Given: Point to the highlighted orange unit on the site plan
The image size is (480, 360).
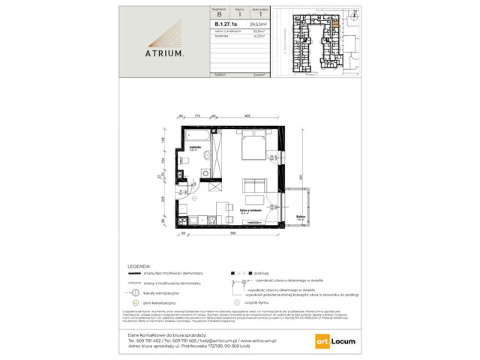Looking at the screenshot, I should (x=335, y=25).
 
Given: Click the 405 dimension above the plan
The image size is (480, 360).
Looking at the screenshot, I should (x=247, y=116).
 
